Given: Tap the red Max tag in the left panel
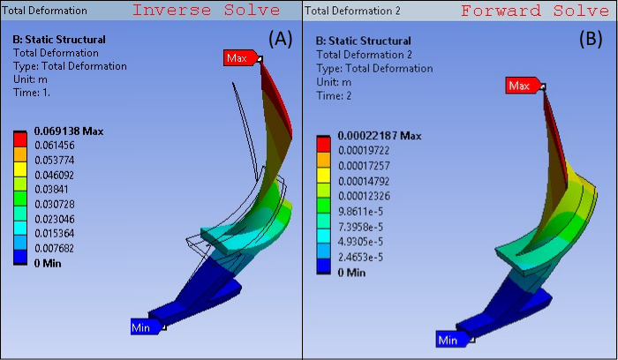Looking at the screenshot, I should click(x=238, y=58).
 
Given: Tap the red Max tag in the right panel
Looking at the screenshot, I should click(x=520, y=86).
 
